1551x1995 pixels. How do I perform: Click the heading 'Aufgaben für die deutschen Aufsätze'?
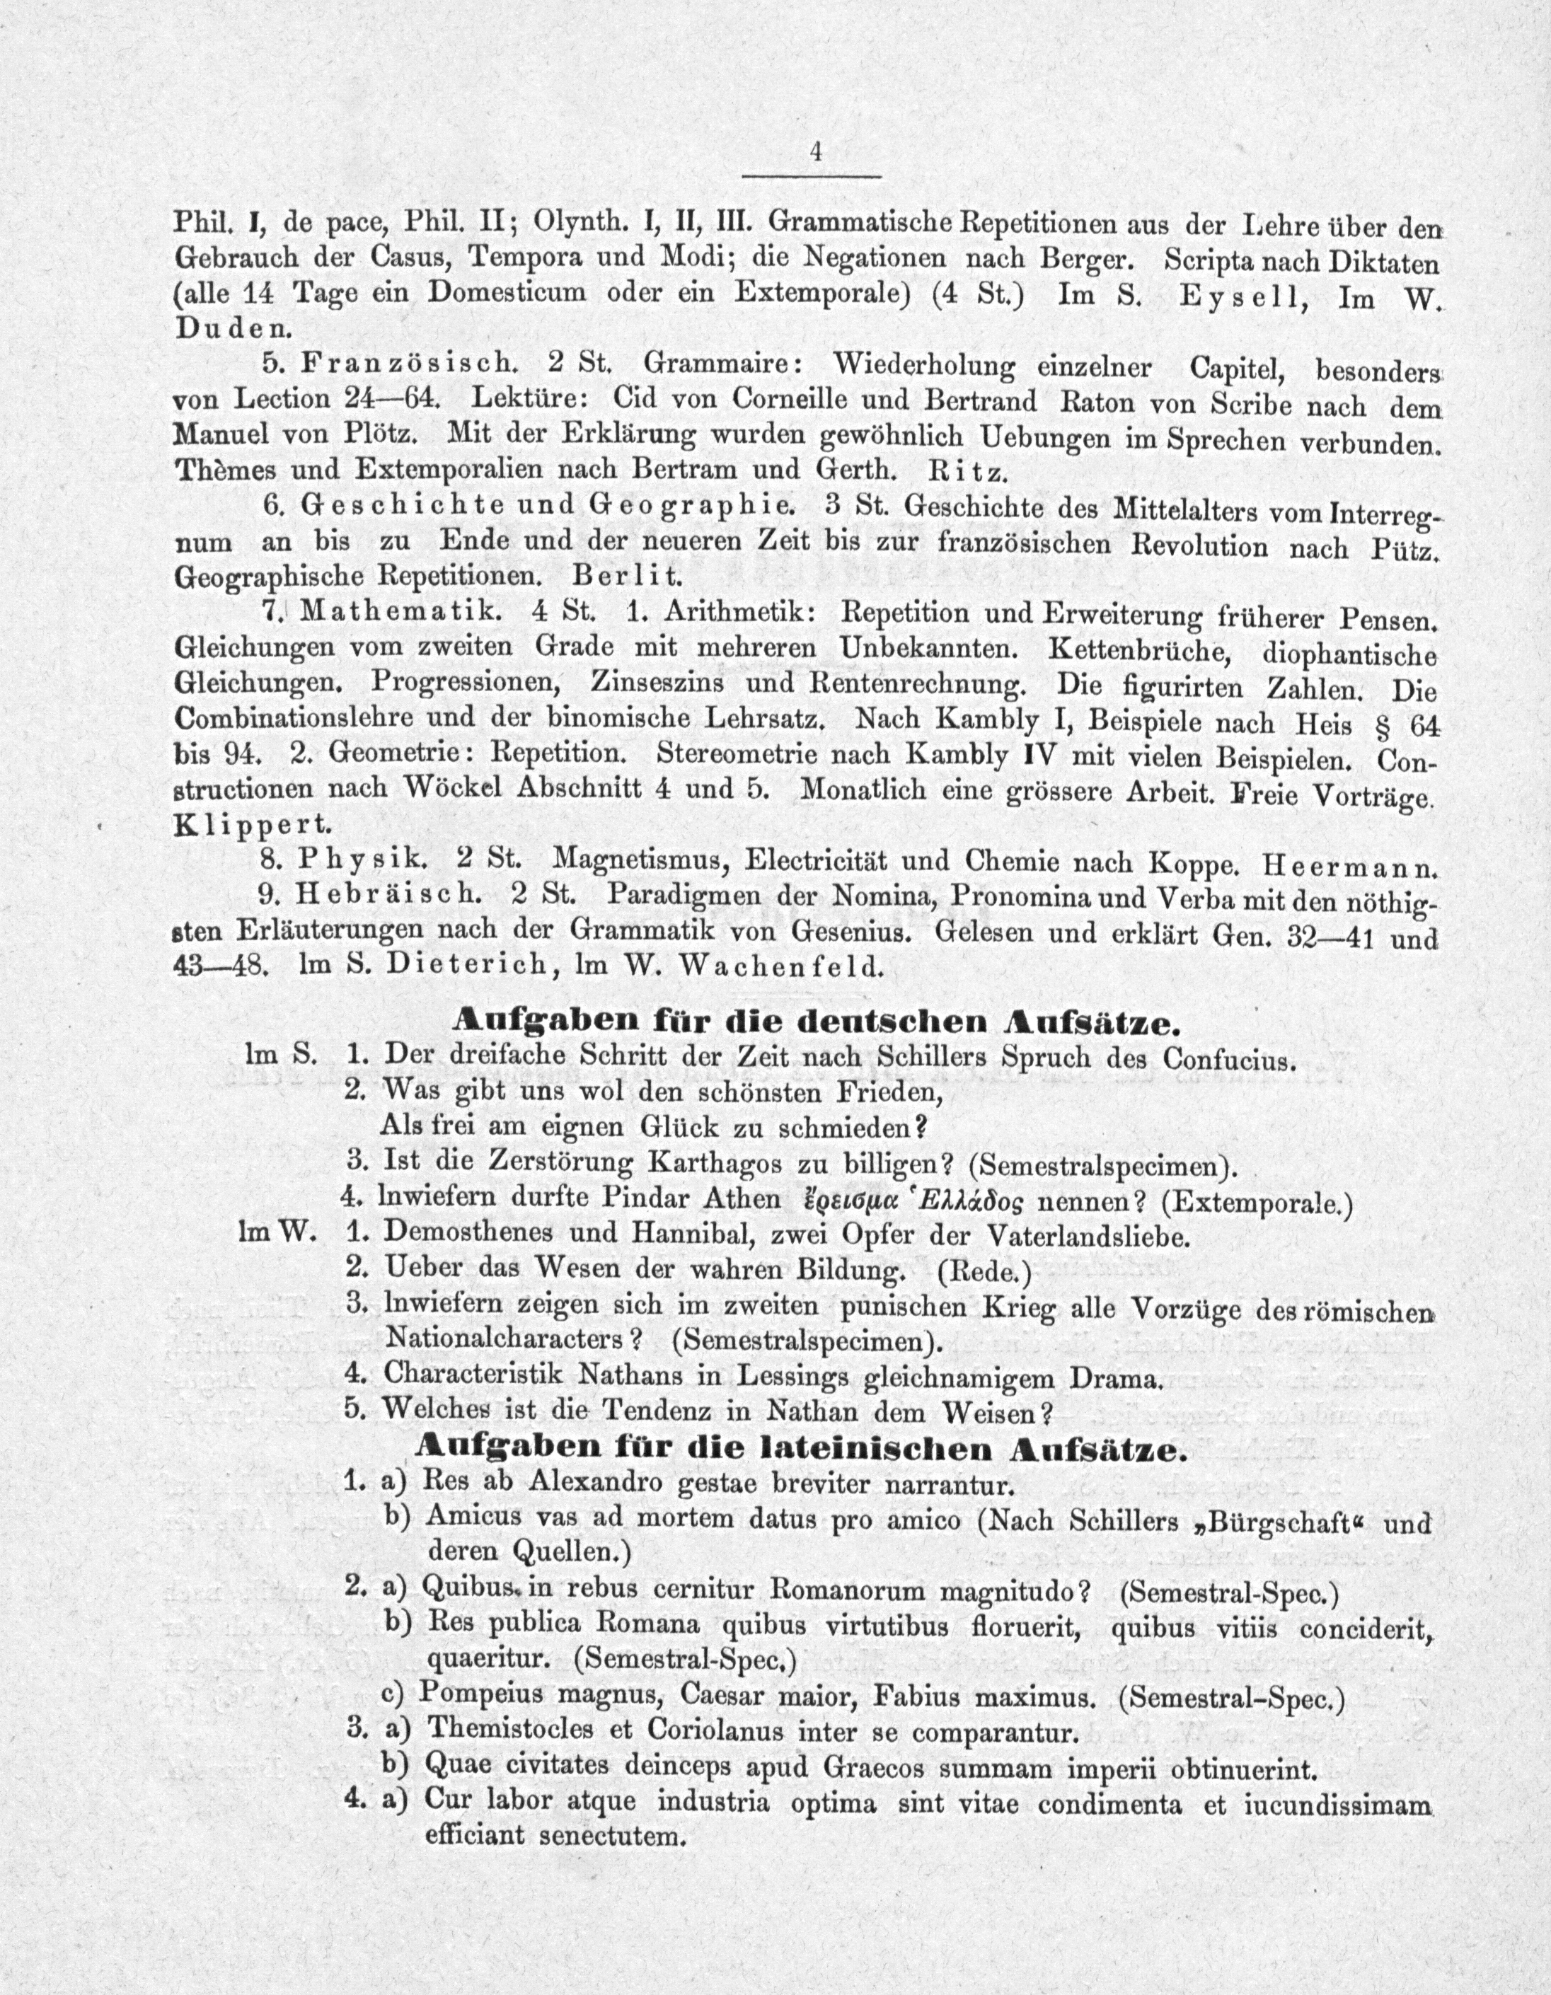811,1020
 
